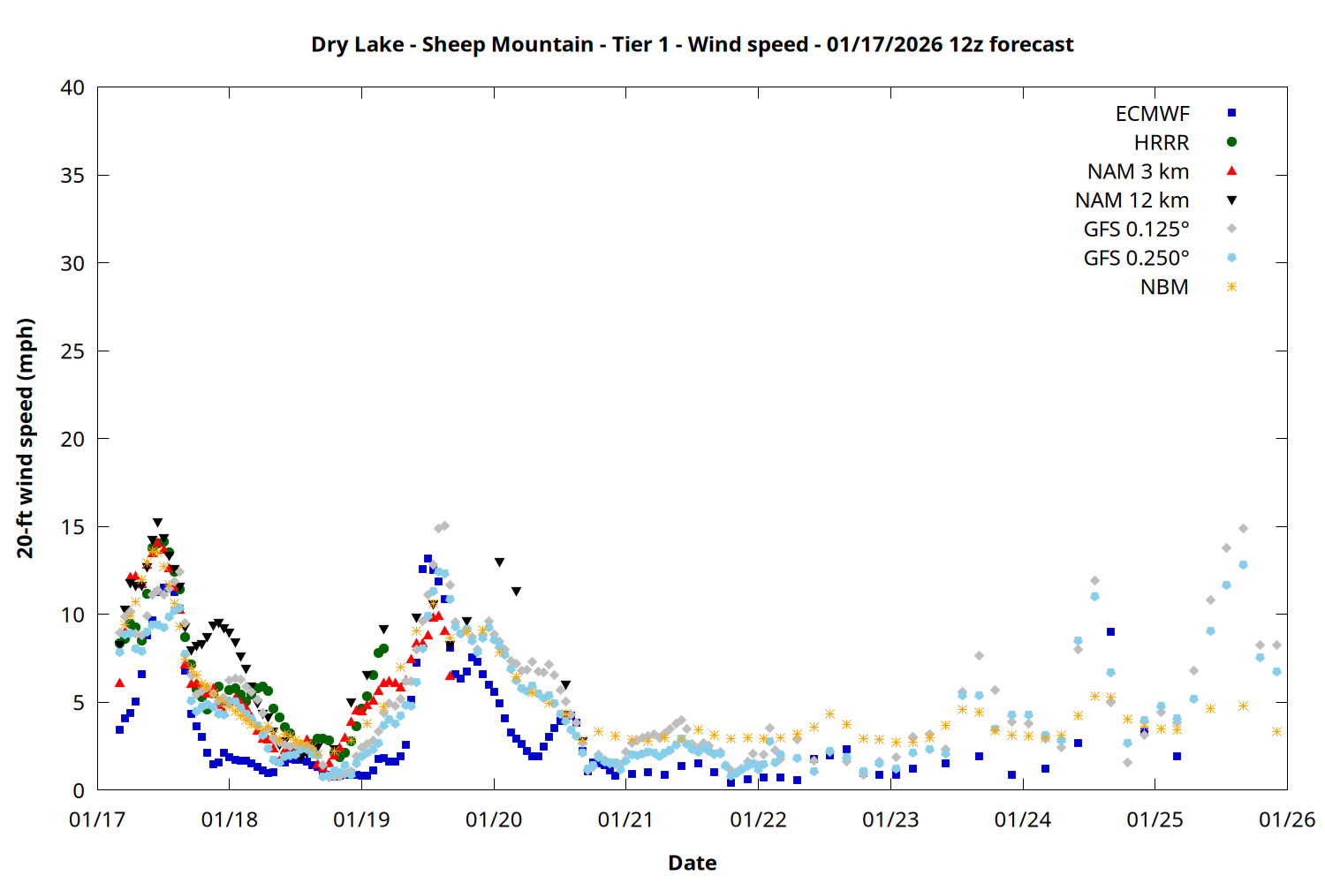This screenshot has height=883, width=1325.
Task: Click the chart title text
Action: pyautogui.click(x=692, y=44)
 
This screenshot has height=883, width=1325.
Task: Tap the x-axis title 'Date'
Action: pyautogui.click(x=692, y=863)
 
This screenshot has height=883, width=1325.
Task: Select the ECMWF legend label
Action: pyautogui.click(x=1152, y=114)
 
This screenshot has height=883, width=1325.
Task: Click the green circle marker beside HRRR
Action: pyautogui.click(x=1231, y=142)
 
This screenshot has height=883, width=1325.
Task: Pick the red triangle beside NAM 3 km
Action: pyautogui.click(x=1231, y=171)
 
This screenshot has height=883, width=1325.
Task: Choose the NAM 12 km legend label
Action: pyautogui.click(x=1132, y=200)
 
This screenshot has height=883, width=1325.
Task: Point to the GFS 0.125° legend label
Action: pyautogui.click(x=1136, y=230)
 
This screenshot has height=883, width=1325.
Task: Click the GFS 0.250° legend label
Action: pyautogui.click(x=1136, y=259)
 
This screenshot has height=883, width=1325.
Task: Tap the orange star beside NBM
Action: pyautogui.click(x=1231, y=287)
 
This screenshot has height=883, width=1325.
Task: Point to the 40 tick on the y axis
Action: pyautogui.click(x=72, y=87)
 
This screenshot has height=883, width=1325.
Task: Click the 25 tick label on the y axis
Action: pyautogui.click(x=72, y=351)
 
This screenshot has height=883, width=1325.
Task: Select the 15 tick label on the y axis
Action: pyautogui.click(x=72, y=526)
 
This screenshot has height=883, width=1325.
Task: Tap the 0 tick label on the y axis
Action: pyautogui.click(x=79, y=790)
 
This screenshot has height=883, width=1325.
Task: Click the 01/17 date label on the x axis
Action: pyautogui.click(x=97, y=820)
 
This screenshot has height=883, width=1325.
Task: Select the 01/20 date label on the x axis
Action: pyautogui.click(x=494, y=820)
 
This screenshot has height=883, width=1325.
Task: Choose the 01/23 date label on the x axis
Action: pyautogui.click(x=890, y=820)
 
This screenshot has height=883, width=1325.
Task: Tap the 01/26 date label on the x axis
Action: pyautogui.click(x=1287, y=820)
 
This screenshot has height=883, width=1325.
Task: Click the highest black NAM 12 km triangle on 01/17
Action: pyautogui.click(x=157, y=523)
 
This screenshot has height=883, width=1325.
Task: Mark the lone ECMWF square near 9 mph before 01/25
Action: pyautogui.click(x=1110, y=632)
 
